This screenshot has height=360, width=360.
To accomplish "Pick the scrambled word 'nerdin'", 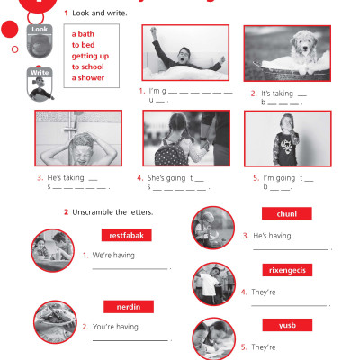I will [125, 306].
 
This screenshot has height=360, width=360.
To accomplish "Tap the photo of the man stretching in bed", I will [185, 54].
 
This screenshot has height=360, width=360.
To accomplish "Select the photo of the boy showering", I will [79, 139].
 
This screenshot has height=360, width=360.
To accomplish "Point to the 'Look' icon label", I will [40, 29].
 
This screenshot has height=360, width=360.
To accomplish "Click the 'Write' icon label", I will [40, 71].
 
